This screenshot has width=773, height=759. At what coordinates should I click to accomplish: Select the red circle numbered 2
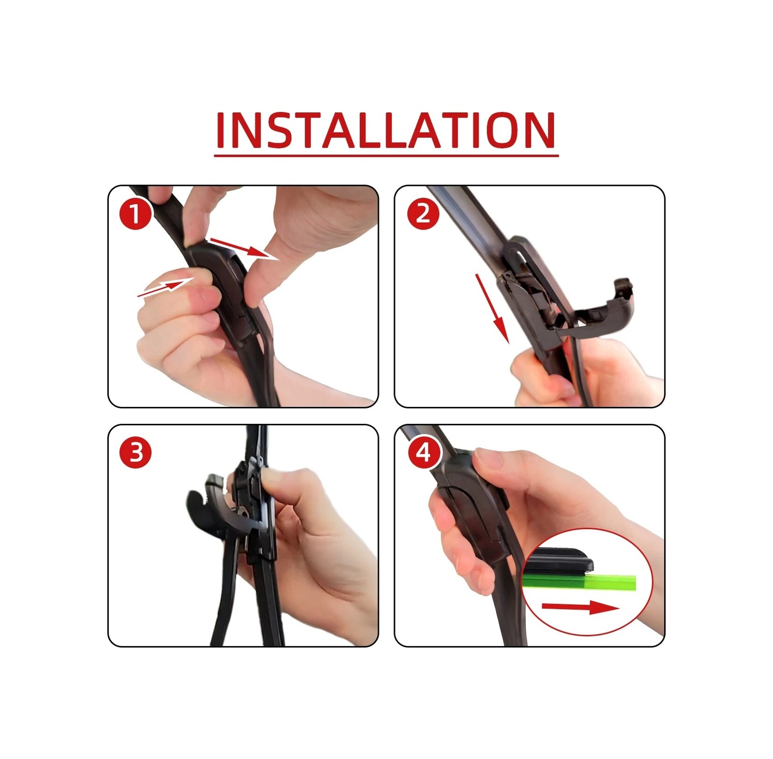tap(423, 214)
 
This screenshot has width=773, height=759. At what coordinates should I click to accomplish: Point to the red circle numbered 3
tap(135, 452)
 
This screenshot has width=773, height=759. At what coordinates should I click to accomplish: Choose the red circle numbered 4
tap(424, 452)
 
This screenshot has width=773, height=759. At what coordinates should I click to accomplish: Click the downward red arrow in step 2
tap(492, 309)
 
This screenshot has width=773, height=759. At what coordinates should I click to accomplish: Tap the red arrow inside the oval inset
tap(581, 607)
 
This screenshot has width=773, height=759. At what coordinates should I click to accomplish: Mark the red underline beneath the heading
tap(386, 155)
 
